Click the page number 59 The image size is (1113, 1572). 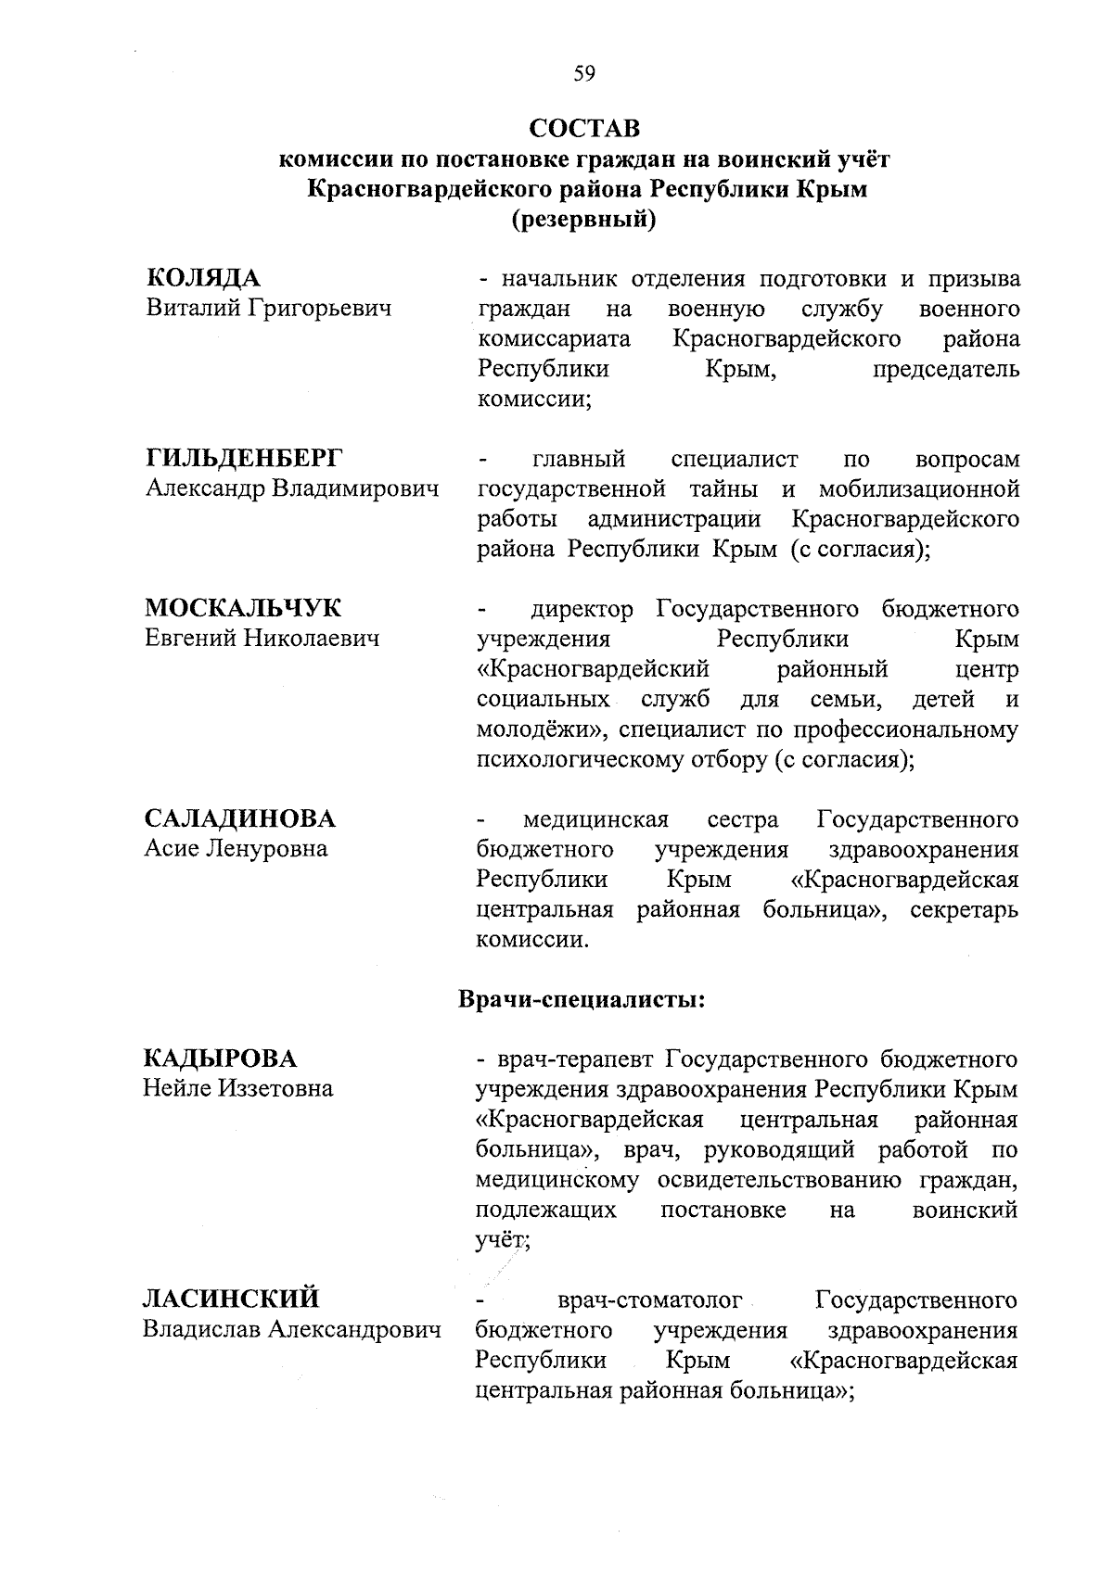tap(584, 74)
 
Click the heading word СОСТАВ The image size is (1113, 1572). tap(584, 127)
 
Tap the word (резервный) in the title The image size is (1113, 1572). tap(584, 221)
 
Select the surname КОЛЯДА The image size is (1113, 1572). tap(203, 278)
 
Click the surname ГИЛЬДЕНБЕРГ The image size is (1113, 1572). tap(244, 458)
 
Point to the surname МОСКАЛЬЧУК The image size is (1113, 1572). tap(243, 608)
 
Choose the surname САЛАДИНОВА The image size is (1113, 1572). tap(240, 818)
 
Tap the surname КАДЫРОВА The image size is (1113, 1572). tap(220, 1058)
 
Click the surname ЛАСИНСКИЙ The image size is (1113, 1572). tap(231, 1298)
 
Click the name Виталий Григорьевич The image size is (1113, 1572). tap(269, 308)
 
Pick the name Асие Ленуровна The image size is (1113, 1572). tap(236, 848)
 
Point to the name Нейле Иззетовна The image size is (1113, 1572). tap(237, 1087)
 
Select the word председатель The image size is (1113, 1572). tap(945, 369)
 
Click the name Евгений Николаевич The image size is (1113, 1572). tap(262, 638)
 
